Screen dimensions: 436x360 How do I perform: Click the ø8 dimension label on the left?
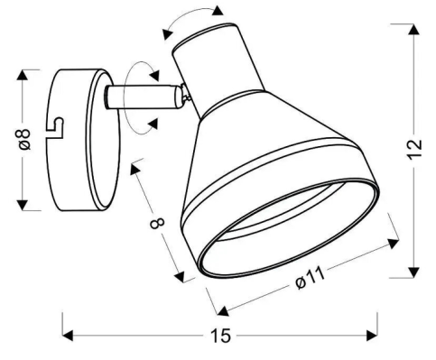[24, 139]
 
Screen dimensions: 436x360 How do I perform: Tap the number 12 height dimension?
[415, 150]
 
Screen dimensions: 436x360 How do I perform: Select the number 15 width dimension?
[220, 336]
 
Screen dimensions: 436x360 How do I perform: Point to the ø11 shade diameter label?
[311, 278]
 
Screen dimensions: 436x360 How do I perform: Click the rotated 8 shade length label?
[157, 223]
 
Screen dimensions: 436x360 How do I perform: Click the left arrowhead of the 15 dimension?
[68, 336]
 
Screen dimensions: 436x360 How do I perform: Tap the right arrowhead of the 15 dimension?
[372, 335]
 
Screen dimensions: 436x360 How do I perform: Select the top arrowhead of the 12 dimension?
[414, 30]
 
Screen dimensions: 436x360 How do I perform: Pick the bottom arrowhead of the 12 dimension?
[414, 272]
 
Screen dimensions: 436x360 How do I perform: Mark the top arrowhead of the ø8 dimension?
[23, 75]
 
